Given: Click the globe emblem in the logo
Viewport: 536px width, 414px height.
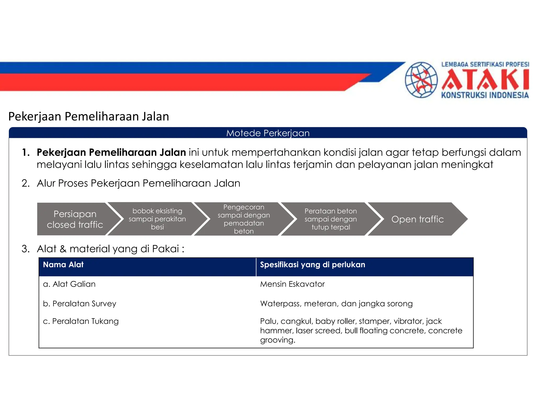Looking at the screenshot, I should pos(421,80).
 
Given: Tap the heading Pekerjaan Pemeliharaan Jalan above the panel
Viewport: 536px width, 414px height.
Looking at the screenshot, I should pos(89,116).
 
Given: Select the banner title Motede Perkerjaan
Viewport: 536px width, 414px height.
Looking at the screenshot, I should pos(268,133).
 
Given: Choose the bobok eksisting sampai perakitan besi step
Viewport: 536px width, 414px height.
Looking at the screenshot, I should pos(157,219).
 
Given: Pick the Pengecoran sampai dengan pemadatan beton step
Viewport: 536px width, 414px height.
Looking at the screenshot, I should pos(244,219).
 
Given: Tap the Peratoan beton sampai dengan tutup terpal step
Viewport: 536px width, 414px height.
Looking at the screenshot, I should pos(331,219).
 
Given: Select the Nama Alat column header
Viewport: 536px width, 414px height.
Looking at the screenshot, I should pos(63,265).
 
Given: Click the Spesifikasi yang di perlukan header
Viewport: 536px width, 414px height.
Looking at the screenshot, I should pos(312,265).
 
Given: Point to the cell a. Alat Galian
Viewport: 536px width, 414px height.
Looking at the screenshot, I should pos(69,284).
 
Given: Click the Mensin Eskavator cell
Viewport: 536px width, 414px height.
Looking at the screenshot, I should pos(292,284).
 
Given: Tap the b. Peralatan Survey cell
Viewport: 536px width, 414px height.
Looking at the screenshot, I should pos(80,304).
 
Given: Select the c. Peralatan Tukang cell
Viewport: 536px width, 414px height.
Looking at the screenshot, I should pos(81,321).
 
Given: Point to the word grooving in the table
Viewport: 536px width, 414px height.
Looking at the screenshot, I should pos(277,340).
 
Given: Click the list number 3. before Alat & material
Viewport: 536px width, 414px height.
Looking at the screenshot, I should pos(25,249).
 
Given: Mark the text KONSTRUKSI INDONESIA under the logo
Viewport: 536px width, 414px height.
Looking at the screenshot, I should pos(485,95).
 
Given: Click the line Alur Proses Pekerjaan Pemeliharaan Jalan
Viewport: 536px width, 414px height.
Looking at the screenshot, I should pos(138,183).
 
